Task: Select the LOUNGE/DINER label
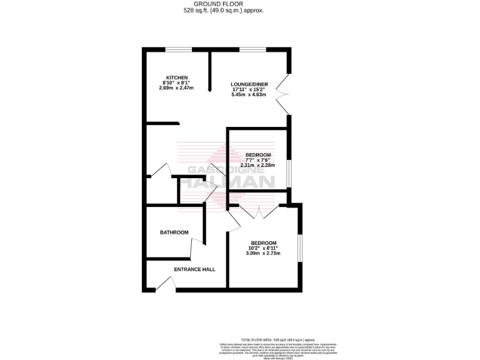click(x=249, y=84)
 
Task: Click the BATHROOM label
click(x=174, y=232)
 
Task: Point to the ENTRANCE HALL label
click(x=194, y=269)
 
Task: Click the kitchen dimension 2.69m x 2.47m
click(x=177, y=88)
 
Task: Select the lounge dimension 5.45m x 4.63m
click(x=249, y=95)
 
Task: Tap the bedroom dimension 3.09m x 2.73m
click(x=263, y=253)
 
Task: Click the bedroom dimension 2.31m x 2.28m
click(x=257, y=166)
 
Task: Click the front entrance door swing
click(x=164, y=284)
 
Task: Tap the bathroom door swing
click(x=196, y=248)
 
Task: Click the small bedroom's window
click(x=289, y=174)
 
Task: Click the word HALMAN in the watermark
click(x=232, y=182)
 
